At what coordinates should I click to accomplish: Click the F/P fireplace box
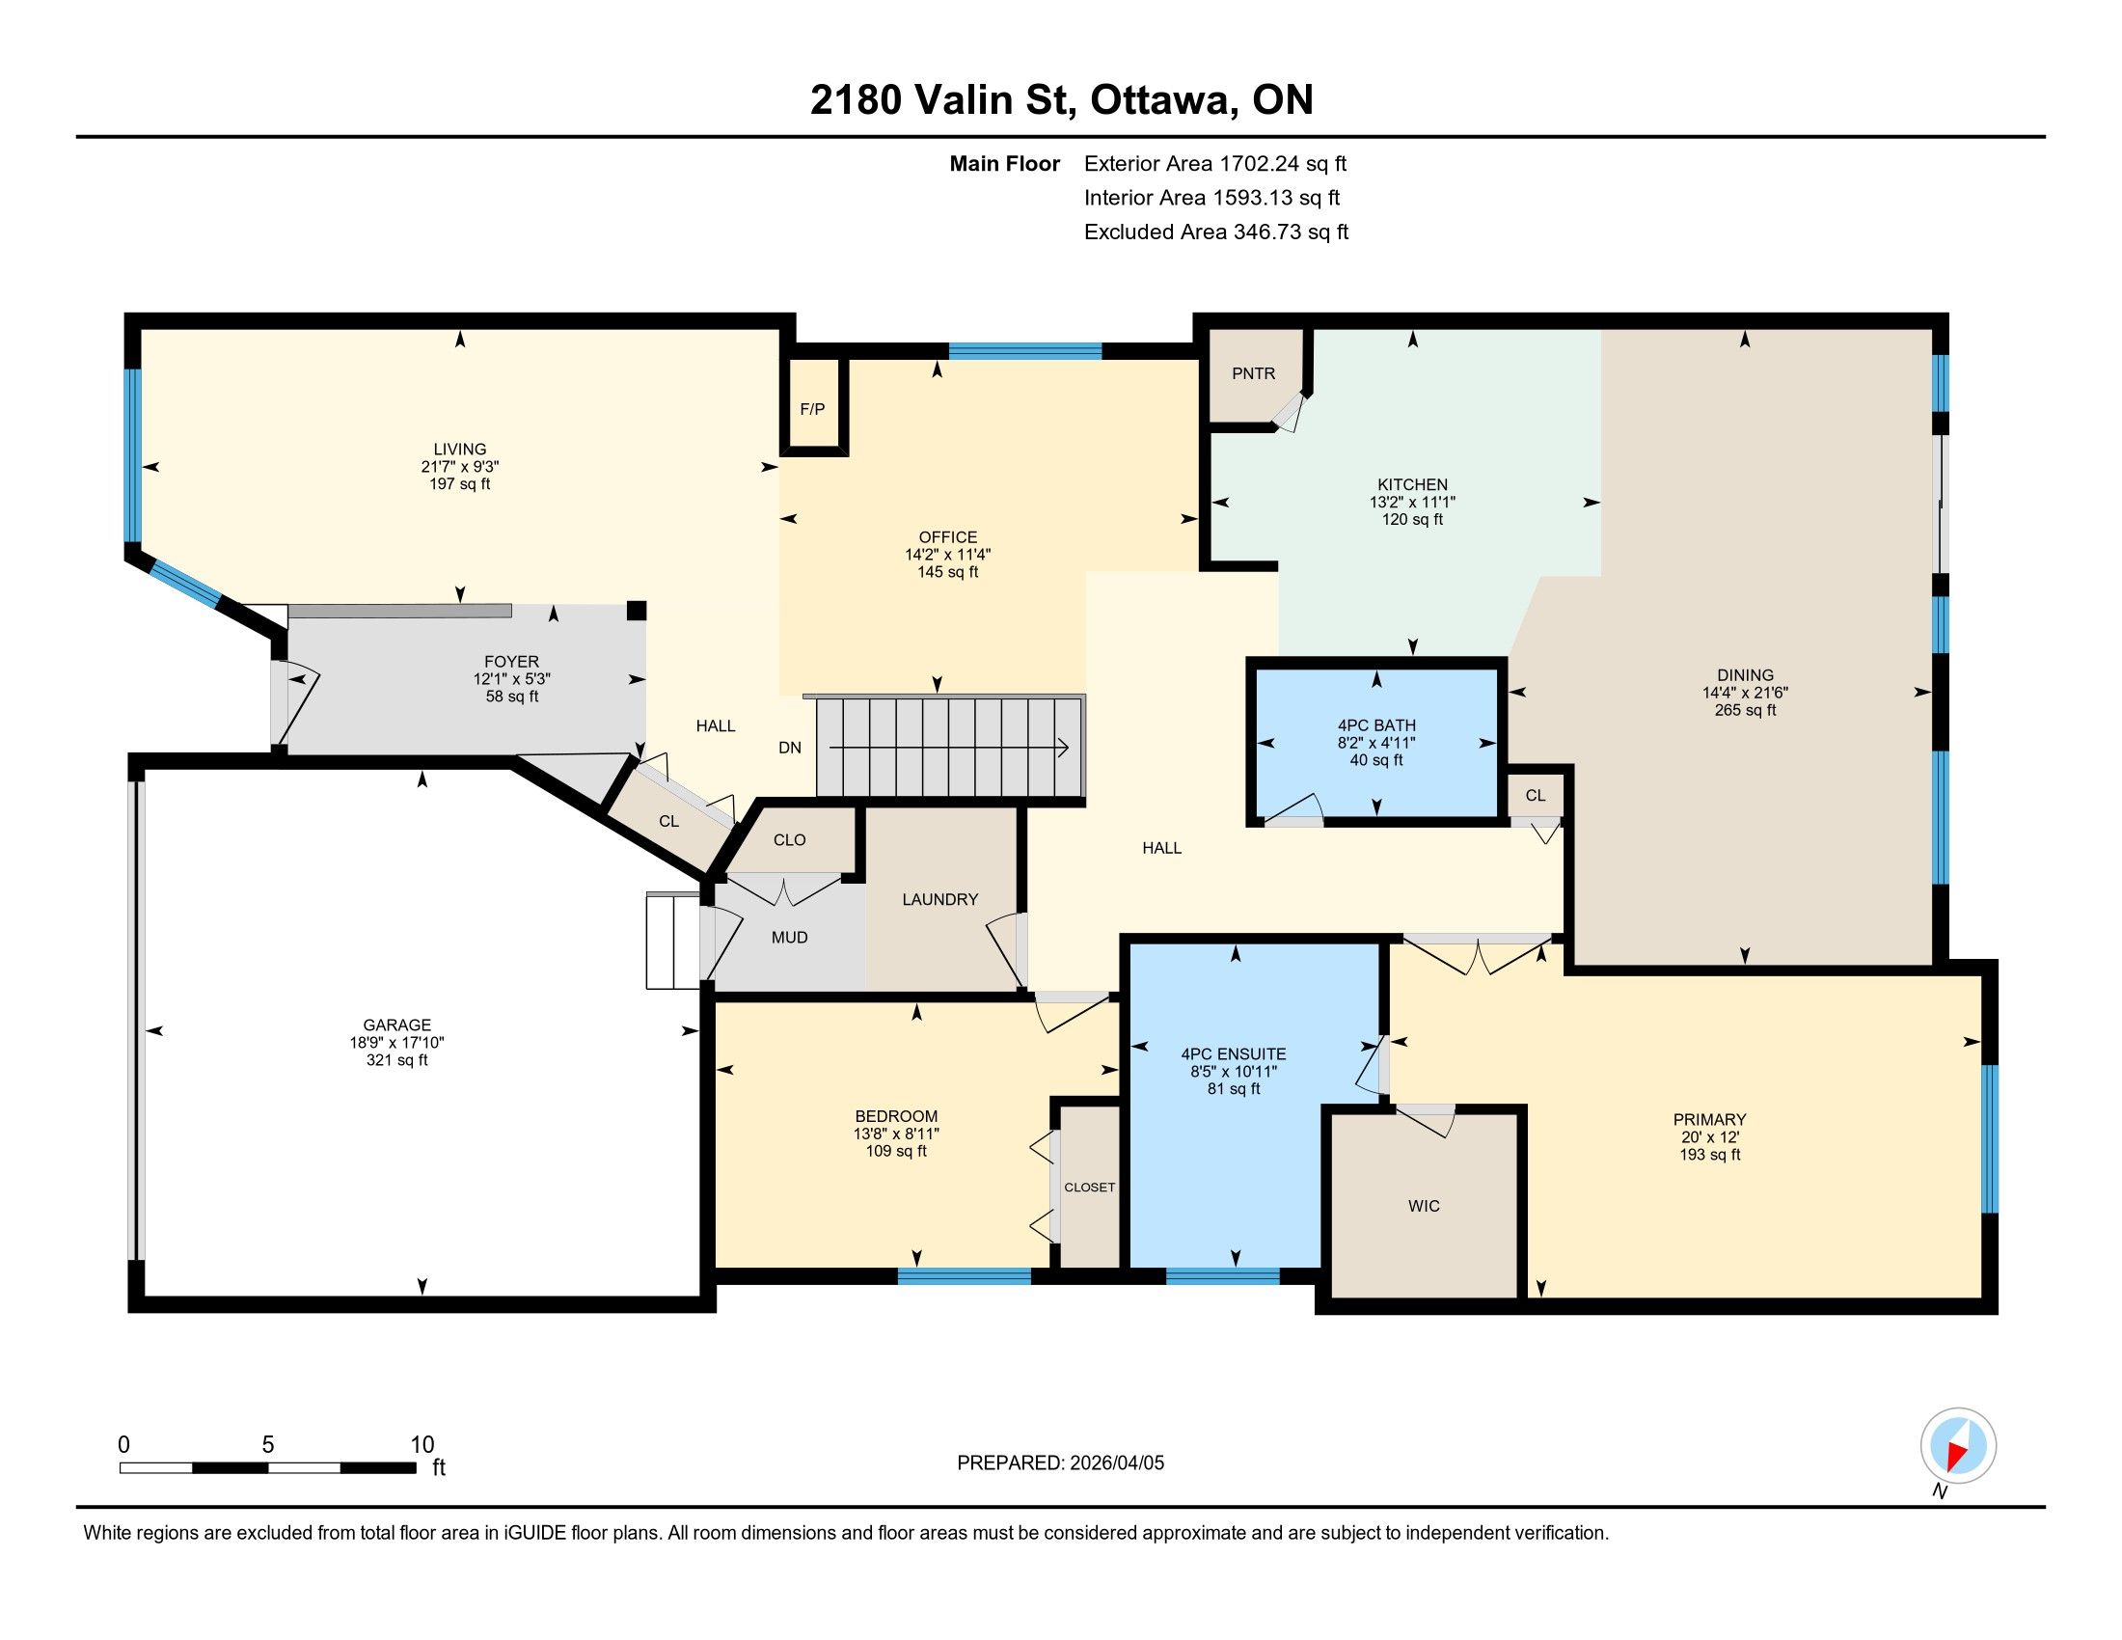(813, 406)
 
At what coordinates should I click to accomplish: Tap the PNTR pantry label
(1253, 373)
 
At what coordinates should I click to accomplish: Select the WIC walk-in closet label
(1424, 1206)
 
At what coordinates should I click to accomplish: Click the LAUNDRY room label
(939, 900)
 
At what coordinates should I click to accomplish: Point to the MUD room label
(789, 938)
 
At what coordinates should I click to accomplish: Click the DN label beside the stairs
(790, 747)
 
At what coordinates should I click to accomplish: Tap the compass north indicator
(1958, 1446)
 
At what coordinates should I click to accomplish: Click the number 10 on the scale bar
(422, 1444)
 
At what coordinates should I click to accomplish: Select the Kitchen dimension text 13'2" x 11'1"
(1413, 503)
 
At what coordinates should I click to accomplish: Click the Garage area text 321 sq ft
(396, 1060)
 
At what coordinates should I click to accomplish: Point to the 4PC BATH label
(1375, 724)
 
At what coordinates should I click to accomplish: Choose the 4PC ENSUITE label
(1233, 1054)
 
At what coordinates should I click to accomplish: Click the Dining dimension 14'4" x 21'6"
(1745, 693)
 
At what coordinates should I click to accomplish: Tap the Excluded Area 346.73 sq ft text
(1215, 232)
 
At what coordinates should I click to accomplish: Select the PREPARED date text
(1060, 1463)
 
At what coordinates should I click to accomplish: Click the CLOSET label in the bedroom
(1089, 1188)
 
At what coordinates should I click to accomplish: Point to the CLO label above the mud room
(789, 839)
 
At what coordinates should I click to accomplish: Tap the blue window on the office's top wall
(1025, 352)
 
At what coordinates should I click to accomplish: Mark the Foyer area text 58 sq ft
(511, 697)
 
